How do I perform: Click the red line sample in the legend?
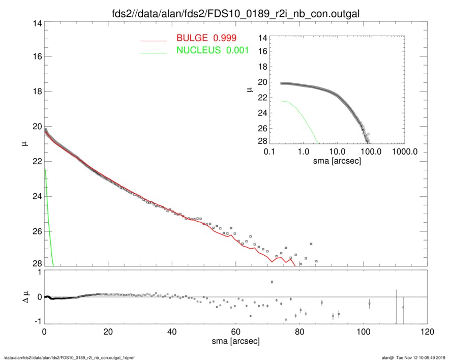(154, 40)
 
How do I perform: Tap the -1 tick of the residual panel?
(36, 321)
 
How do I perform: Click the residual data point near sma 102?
(370, 304)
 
